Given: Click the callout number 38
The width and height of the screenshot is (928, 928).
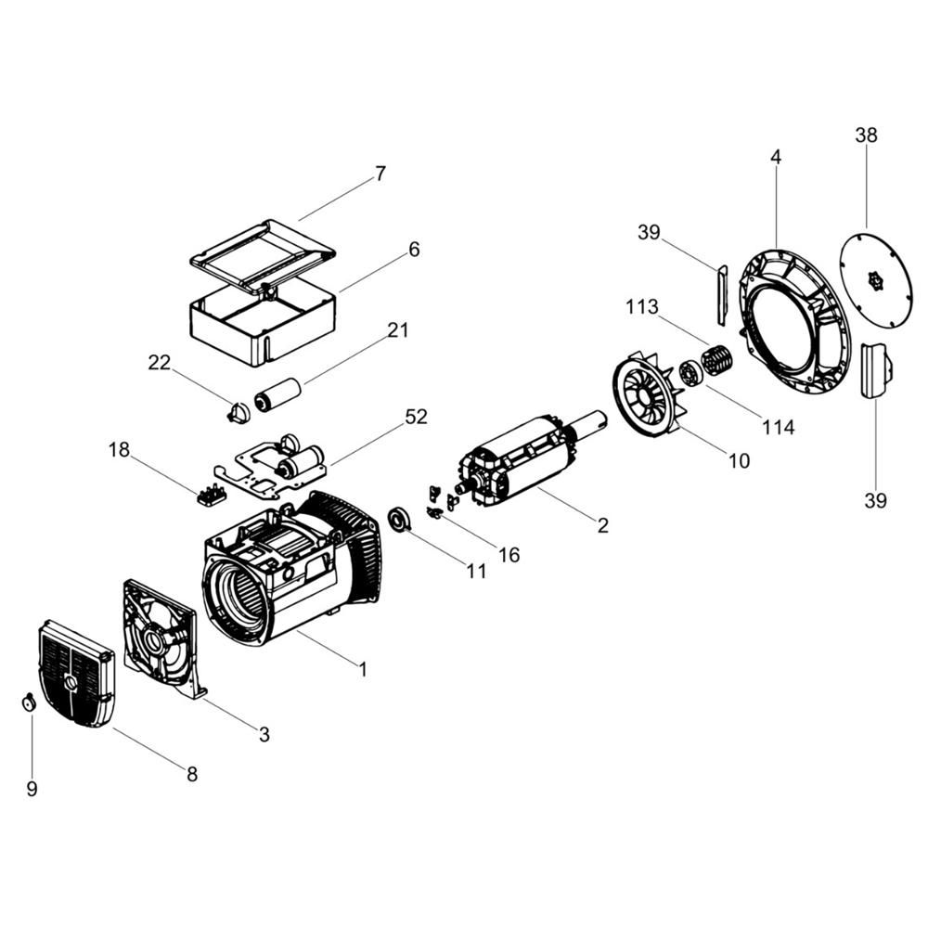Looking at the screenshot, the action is pyautogui.click(x=866, y=135).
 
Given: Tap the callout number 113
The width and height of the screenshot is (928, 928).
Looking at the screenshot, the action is pyautogui.click(x=642, y=306).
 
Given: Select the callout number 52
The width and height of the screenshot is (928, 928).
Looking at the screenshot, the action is pyautogui.click(x=416, y=417).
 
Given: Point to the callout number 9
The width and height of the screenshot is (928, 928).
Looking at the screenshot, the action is pyautogui.click(x=32, y=788).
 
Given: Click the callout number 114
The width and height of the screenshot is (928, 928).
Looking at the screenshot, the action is pyautogui.click(x=778, y=427).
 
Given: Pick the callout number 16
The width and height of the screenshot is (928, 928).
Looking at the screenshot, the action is pyautogui.click(x=509, y=555).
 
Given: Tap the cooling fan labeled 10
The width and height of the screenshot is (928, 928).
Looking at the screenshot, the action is pyautogui.click(x=648, y=393).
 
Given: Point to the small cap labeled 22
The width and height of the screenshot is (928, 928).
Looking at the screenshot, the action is pyautogui.click(x=238, y=412).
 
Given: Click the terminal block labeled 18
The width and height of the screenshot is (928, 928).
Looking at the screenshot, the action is pyautogui.click(x=211, y=495).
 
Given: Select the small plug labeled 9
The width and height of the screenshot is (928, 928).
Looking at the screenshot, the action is pyautogui.click(x=28, y=703).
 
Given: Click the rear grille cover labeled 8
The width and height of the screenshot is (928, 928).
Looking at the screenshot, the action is pyautogui.click(x=76, y=673).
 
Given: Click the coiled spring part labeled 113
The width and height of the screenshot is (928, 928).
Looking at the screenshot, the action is pyautogui.click(x=717, y=358).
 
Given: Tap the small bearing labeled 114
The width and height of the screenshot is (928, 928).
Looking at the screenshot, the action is pyautogui.click(x=690, y=374).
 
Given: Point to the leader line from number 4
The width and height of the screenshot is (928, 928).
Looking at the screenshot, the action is pyautogui.click(x=776, y=208).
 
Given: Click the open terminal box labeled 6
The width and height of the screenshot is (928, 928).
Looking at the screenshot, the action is pyautogui.click(x=263, y=323).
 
